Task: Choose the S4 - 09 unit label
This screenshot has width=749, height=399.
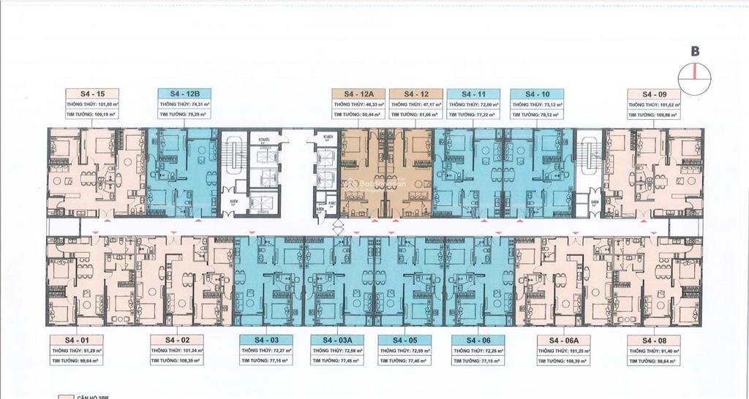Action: [654, 94]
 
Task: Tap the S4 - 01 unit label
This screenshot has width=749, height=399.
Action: [76, 341]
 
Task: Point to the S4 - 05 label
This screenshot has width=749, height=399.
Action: [407, 341]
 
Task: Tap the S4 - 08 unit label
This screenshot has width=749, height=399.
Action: [654, 341]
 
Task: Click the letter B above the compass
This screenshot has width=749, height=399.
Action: [695, 51]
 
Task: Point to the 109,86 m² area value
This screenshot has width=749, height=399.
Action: [666, 115]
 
